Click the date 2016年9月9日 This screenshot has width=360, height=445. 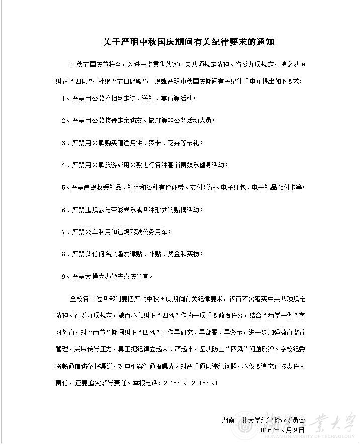(x=281, y=430)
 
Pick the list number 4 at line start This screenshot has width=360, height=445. (x=64, y=165)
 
